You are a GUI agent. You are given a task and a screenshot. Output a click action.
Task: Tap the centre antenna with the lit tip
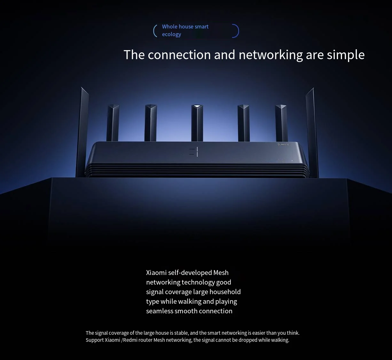coord(197,123)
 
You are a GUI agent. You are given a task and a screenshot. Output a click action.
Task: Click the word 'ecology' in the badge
coord(171,34)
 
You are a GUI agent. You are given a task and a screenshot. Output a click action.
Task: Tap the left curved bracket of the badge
coord(155,31)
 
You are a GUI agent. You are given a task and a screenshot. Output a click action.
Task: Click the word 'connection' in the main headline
coord(179,55)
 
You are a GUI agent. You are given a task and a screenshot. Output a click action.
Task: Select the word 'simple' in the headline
coord(345,55)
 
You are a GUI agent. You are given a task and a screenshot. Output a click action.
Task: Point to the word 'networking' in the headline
coord(270,55)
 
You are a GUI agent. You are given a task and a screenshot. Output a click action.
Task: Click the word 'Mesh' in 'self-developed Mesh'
coord(221,273)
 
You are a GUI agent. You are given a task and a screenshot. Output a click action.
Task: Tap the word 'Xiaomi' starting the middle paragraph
coord(156,273)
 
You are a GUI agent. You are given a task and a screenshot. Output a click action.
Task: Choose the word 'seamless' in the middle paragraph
coord(159,311)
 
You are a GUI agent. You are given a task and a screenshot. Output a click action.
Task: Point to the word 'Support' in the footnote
coord(95,340)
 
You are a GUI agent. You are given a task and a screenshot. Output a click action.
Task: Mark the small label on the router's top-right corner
coord(283,144)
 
